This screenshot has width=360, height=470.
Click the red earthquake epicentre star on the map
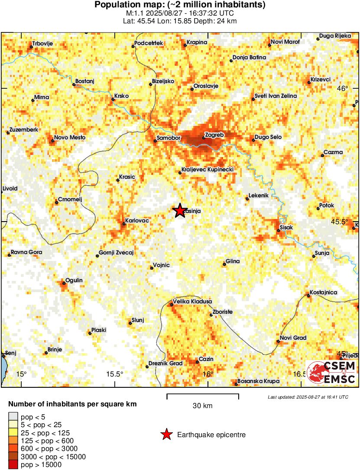point(180,211)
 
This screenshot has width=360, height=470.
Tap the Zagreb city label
point(214,135)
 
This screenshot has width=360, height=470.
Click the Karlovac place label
point(137,221)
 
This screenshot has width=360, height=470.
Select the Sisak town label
point(287,227)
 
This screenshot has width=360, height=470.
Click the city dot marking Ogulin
point(63,284)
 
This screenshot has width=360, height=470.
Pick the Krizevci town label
point(320,80)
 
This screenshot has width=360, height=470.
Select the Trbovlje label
point(44,44)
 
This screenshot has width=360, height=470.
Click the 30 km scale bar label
point(202,406)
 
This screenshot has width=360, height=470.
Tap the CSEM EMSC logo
point(332,373)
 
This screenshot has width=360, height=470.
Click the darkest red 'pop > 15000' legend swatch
point(13,465)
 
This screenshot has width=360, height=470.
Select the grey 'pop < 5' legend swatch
point(13,417)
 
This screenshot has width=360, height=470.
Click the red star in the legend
point(166,435)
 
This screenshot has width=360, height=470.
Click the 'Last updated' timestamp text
point(308,397)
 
